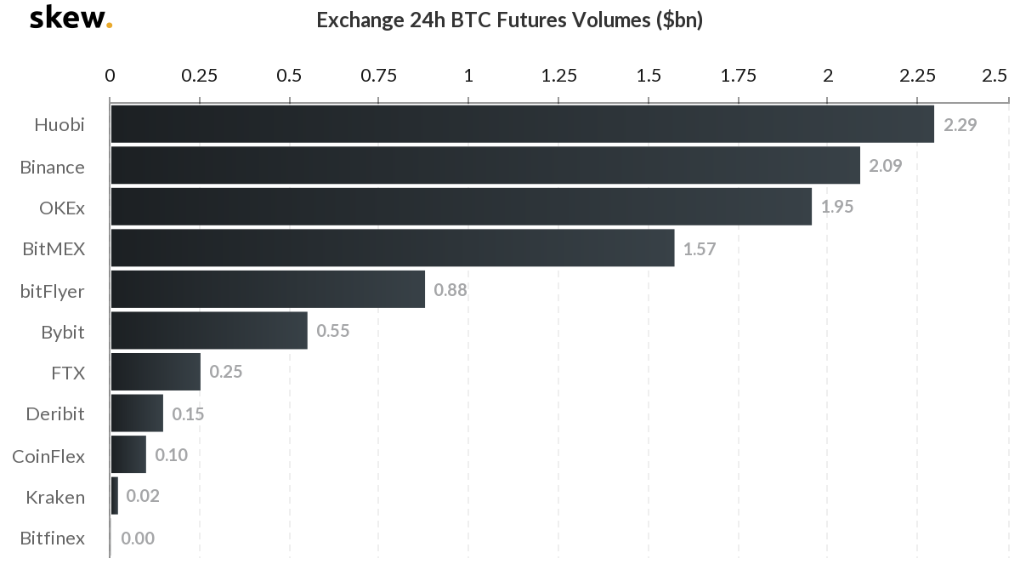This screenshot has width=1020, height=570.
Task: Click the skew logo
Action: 71,19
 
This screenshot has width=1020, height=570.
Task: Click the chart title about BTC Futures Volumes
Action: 509,20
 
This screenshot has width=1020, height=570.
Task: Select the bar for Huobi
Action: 522,124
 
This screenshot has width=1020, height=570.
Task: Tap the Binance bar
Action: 484,166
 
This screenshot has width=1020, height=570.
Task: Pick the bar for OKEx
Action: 461,207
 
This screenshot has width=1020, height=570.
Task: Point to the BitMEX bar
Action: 392,248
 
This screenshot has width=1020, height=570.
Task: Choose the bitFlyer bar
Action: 268,289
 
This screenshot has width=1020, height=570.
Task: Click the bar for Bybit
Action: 209,331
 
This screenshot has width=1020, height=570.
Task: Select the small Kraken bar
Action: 115,496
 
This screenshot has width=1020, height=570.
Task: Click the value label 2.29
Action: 960,125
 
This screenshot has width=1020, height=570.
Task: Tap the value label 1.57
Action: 700,249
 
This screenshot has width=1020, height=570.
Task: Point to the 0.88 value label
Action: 450,290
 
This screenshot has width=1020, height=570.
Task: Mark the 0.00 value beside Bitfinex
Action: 138,538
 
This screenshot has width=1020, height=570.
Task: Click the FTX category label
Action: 68,373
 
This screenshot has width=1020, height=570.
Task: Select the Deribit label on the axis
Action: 55,414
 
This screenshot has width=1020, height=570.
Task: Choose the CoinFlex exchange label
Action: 48,456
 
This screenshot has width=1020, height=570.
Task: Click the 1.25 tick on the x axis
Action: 558,76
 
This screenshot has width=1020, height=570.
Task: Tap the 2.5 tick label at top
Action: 994,76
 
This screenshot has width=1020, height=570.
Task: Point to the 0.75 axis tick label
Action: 379,76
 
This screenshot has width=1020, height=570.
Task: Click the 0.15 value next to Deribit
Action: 188,414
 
